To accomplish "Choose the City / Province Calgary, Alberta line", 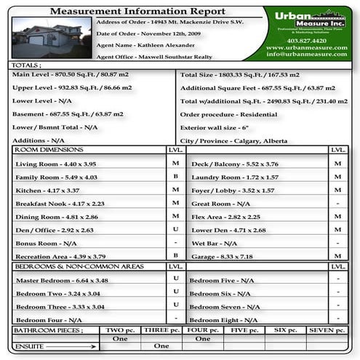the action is coord(233,140).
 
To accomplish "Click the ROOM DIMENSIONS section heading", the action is coord(50,150).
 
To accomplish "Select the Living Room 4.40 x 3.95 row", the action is coord(56,164).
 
